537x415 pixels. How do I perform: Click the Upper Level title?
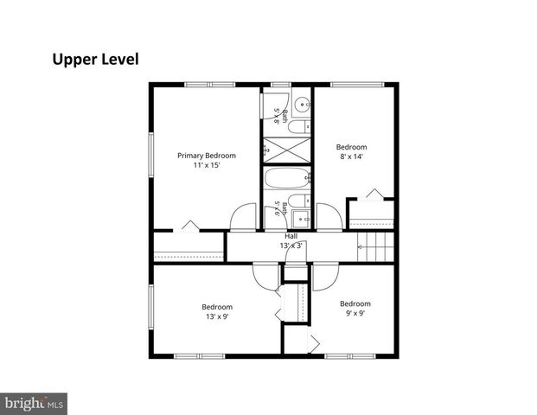pyautogui.click(x=95, y=60)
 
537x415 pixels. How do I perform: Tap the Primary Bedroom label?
pyautogui.click(x=207, y=156)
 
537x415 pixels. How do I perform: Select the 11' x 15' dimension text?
pyautogui.click(x=207, y=165)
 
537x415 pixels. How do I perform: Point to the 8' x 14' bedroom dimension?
pyautogui.click(x=351, y=156)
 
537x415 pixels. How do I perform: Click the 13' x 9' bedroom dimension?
pyautogui.click(x=217, y=316)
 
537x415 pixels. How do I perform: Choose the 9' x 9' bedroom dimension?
pyautogui.click(x=355, y=313)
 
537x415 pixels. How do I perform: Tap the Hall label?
pyautogui.click(x=291, y=236)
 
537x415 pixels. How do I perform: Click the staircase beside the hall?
pyautogui.click(x=375, y=246)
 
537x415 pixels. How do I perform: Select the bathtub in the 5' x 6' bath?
pyautogui.click(x=287, y=178)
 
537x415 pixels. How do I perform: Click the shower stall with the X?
pyautogui.click(x=286, y=150)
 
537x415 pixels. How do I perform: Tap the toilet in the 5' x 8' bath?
pyautogui.click(x=299, y=127)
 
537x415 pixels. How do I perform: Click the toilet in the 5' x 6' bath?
pyautogui.click(x=299, y=201)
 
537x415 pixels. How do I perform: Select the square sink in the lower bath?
pyautogui.click(x=301, y=219)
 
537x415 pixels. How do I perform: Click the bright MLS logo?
pyautogui.click(x=34, y=404)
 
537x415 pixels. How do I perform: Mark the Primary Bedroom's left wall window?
pyautogui.click(x=151, y=155)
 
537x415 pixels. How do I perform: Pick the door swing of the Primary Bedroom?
pyautogui.click(x=243, y=217)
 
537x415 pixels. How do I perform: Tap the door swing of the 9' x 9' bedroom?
pyautogui.click(x=325, y=277)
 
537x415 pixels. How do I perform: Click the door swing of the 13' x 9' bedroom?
pyautogui.click(x=266, y=277)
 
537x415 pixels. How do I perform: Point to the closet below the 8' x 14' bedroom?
pyautogui.click(x=371, y=214)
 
